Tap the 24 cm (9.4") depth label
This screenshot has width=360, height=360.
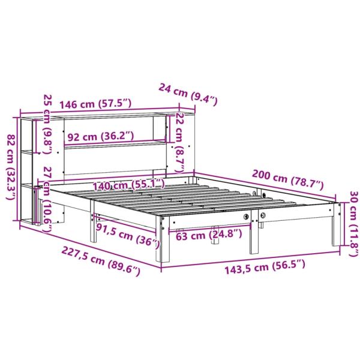point(189,92)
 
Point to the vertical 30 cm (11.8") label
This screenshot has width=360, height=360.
point(353,224)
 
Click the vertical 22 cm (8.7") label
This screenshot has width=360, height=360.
point(179,137)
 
